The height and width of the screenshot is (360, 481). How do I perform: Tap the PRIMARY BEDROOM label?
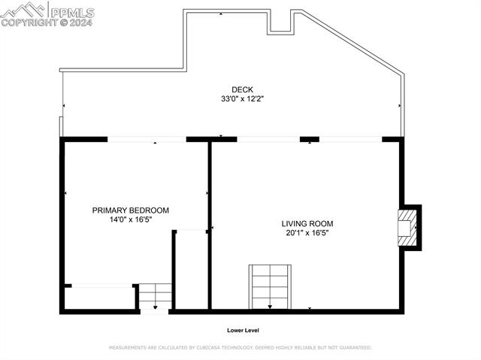[130, 210]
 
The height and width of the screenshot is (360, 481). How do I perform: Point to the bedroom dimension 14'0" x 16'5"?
[130, 219]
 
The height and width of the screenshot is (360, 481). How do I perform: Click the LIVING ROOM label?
[307, 223]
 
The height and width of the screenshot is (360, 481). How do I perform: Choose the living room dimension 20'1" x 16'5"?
[307, 233]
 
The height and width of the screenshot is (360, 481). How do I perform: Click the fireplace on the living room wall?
[407, 227]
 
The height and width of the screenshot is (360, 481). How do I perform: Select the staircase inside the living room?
[270, 286]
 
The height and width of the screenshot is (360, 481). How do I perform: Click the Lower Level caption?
[243, 330]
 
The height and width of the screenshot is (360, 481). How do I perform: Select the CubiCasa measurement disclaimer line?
[240, 348]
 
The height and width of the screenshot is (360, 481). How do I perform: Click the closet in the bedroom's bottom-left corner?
[99, 298]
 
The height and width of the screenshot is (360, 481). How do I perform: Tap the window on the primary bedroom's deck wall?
[147, 139]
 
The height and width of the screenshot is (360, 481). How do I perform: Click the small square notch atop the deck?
[280, 23]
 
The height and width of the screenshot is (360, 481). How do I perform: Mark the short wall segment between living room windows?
[310, 139]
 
